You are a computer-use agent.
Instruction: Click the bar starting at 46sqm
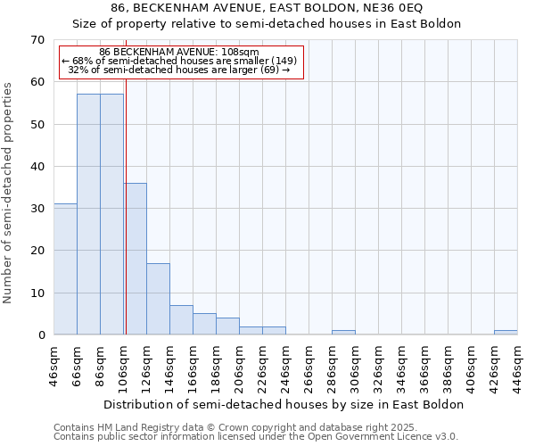(65, 269)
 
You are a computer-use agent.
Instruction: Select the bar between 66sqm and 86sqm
(88, 214)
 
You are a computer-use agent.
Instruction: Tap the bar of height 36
(136, 259)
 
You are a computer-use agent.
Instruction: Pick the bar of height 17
(158, 299)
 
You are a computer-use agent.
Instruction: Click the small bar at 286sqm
(343, 333)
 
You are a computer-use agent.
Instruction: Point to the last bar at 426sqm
(506, 333)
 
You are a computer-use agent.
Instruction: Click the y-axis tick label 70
(37, 40)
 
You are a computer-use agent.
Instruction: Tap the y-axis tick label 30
(37, 209)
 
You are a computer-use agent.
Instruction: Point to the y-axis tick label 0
(40, 335)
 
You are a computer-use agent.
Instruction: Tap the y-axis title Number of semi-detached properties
(9, 192)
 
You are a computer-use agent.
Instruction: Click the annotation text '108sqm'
(240, 52)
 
